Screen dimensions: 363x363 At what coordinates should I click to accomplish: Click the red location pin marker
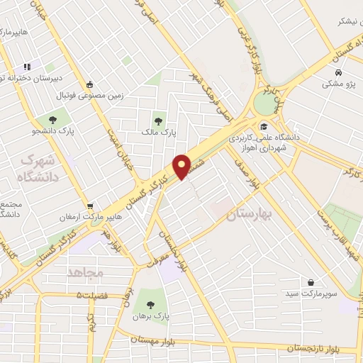[x=182, y=167]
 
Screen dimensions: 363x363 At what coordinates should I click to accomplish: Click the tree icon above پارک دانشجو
[x=52, y=118]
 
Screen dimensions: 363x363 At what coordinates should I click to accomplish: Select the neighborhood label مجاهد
[x=86, y=272]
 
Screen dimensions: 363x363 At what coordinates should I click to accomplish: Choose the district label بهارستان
[x=250, y=215]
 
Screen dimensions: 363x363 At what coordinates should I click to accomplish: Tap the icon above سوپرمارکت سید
[x=310, y=282]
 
